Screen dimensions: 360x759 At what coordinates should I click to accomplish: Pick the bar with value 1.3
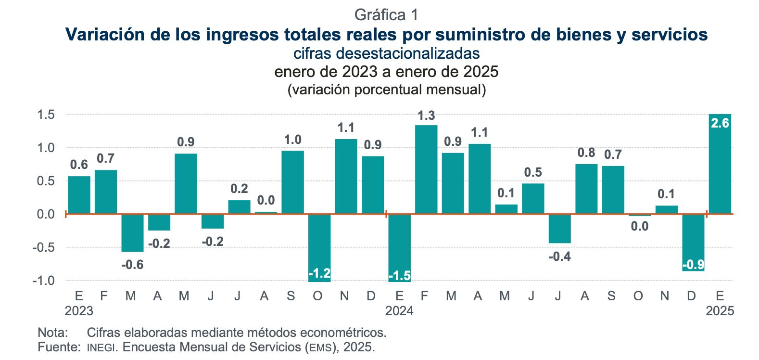426,169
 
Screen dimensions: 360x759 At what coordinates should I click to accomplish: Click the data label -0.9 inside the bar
693,265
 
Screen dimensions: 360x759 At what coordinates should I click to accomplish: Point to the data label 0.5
533,172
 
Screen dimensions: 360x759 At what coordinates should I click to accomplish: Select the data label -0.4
560,257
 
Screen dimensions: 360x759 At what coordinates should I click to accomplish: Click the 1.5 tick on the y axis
46,115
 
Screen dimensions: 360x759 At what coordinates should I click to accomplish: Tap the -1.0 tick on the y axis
44,280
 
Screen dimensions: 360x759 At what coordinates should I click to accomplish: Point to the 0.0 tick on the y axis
46,214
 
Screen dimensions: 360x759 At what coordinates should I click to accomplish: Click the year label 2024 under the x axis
399,311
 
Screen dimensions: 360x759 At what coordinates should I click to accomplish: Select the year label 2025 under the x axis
720,311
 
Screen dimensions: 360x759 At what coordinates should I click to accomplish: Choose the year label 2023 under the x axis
79,311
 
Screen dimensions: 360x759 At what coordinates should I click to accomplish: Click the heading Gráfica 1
386,15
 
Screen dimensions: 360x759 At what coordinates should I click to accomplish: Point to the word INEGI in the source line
101,347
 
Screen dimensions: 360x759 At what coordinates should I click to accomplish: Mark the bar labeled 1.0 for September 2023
292,182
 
